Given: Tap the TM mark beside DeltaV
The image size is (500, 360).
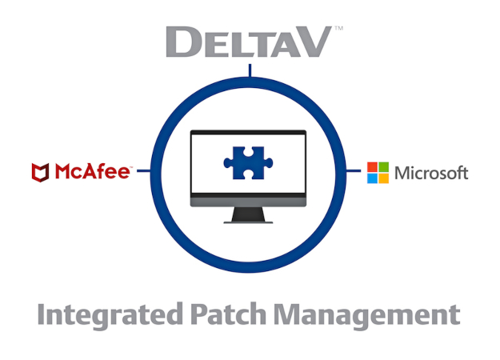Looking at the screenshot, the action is [x=338, y=28].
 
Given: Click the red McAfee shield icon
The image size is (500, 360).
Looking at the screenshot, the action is [x=41, y=173].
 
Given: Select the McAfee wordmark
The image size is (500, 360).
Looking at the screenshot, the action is [x=93, y=171].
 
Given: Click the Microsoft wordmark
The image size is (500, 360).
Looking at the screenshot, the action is [x=431, y=173].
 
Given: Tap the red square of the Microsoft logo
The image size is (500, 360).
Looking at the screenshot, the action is [x=372, y=167].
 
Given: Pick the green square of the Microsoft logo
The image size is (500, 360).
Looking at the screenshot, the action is [x=384, y=167].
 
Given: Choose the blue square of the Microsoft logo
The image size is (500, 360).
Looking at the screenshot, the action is [x=372, y=178].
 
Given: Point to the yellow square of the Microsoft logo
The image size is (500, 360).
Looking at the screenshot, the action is [x=384, y=178].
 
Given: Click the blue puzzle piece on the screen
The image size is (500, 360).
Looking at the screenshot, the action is [x=248, y=163].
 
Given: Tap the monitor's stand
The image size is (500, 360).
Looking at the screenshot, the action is [x=248, y=215].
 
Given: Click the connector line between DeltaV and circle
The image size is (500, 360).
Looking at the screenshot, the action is [x=250, y=70].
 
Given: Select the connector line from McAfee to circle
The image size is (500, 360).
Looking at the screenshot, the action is [x=144, y=171].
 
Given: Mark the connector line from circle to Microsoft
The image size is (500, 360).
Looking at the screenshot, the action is [x=354, y=171].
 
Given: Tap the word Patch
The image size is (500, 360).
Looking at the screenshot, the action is [x=228, y=314].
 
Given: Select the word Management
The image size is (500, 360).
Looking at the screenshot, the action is [x=366, y=315].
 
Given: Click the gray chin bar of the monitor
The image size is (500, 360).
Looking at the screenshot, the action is [x=248, y=202].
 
